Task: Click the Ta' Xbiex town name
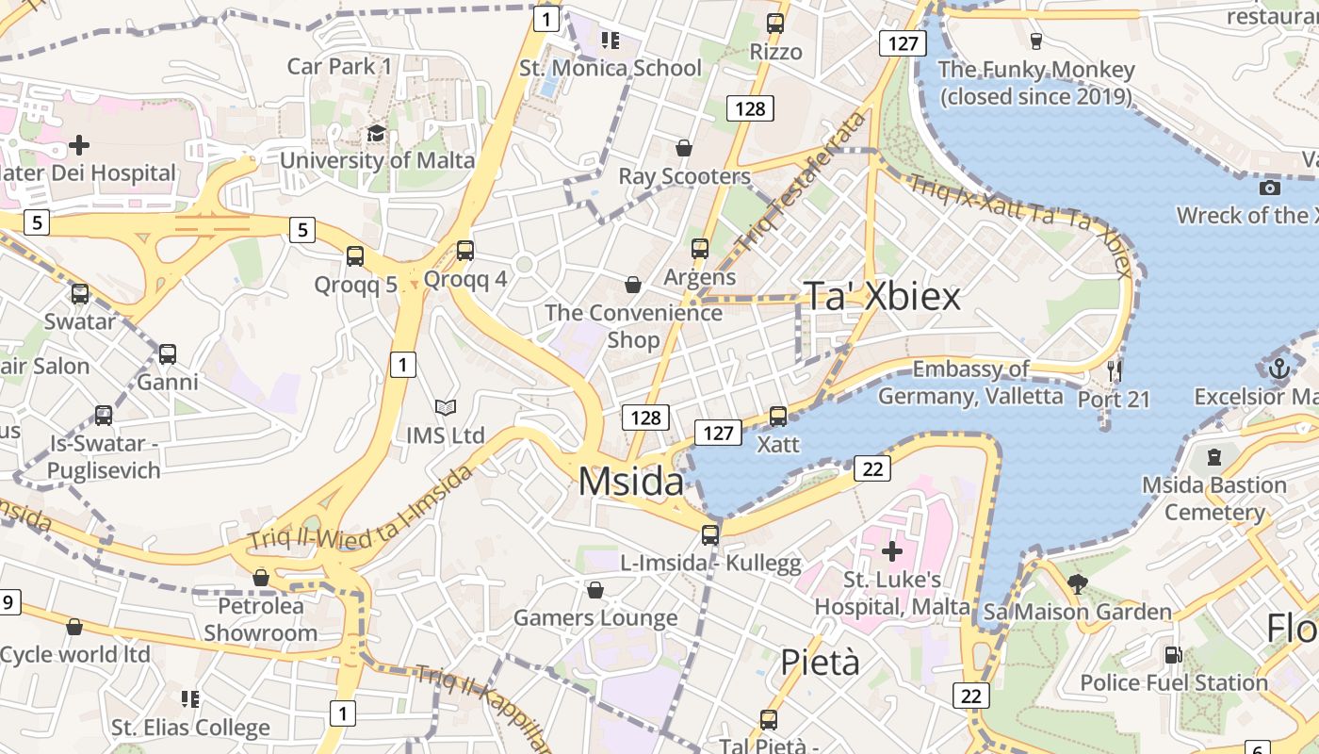point(882,297)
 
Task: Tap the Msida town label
point(630,482)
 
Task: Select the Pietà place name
point(820,663)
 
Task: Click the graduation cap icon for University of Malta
point(377,133)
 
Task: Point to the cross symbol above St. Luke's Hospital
point(891,550)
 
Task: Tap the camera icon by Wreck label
point(1269,188)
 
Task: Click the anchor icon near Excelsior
point(1278,369)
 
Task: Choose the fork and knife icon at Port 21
point(1115,370)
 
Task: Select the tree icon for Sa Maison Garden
point(1078,584)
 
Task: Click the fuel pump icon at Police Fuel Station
point(1173,654)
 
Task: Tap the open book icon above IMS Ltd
point(445,408)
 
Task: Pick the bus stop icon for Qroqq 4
point(464,251)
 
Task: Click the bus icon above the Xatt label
point(778,416)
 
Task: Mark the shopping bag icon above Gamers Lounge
point(594,591)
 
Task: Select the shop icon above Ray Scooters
point(684,148)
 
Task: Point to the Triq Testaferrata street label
point(803,181)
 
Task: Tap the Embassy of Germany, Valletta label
point(970,383)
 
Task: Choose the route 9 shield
point(8,602)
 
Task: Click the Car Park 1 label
point(339,66)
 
